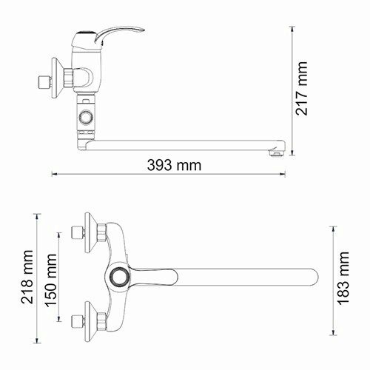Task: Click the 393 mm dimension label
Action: point(175,164)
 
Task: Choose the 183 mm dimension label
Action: point(343,275)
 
